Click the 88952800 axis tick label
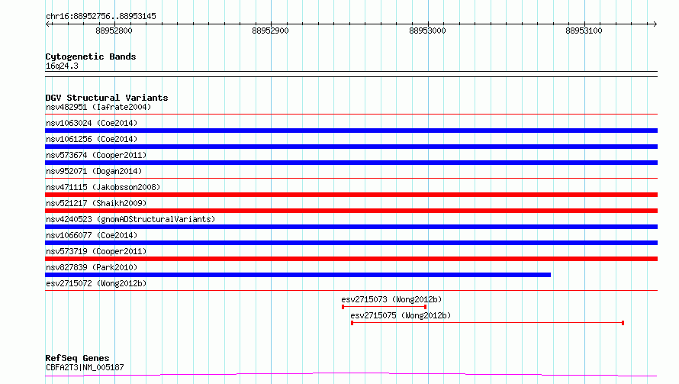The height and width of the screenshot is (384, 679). click(x=114, y=31)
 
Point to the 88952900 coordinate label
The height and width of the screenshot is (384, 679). click(x=270, y=31)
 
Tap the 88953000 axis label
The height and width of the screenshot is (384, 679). click(x=427, y=31)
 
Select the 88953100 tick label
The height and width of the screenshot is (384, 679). click(x=584, y=31)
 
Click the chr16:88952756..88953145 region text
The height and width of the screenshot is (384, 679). click(x=101, y=17)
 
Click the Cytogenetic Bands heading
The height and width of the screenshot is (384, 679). click(x=91, y=56)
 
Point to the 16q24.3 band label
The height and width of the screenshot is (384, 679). click(x=62, y=66)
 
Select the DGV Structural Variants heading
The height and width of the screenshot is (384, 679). click(x=107, y=98)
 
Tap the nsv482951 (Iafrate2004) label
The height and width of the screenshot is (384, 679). click(x=98, y=107)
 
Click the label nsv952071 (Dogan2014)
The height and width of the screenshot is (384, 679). click(x=94, y=171)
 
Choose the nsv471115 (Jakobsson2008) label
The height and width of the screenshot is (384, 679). click(x=103, y=187)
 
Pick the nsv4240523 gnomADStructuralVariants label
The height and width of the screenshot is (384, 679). click(x=130, y=219)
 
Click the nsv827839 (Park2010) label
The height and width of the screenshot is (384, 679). click(x=92, y=267)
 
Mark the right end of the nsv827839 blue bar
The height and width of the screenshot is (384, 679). click(x=550, y=275)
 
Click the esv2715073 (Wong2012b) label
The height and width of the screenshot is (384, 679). click(x=391, y=299)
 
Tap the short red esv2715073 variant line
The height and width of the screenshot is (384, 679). click(x=384, y=307)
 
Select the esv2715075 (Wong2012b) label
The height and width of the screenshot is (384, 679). click(x=401, y=315)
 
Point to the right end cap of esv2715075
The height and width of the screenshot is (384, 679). click(x=623, y=323)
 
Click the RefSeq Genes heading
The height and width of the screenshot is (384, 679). click(x=77, y=358)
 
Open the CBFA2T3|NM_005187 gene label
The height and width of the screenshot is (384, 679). click(x=85, y=367)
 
